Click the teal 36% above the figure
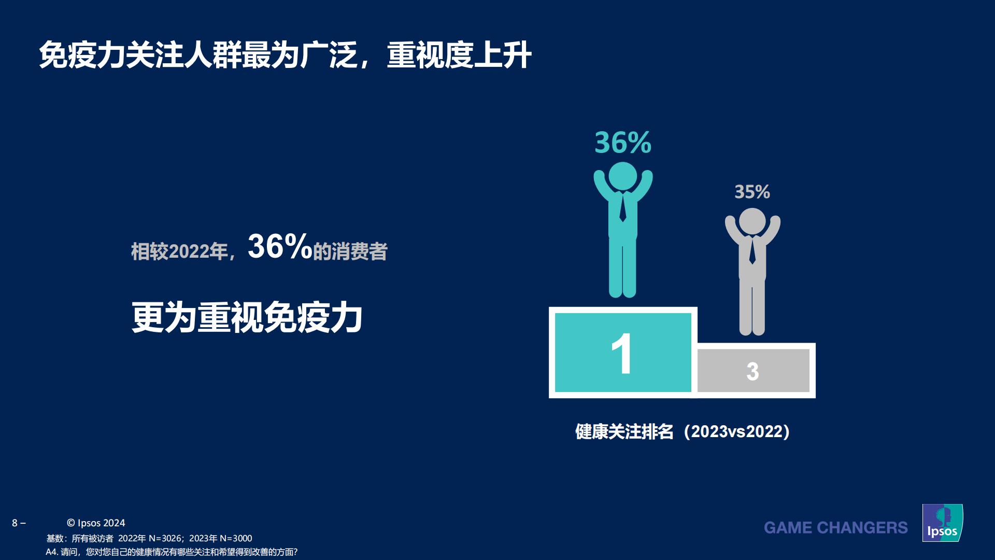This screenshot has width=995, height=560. (x=622, y=143)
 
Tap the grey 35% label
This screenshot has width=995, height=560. (x=752, y=192)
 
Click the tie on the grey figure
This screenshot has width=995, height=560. (x=752, y=251)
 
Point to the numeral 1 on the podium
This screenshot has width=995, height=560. (x=622, y=354)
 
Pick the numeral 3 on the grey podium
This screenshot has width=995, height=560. (x=752, y=371)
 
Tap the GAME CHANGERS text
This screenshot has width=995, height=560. (x=835, y=528)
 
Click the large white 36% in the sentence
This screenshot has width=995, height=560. (x=279, y=247)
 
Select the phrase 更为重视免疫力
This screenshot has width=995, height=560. (x=247, y=317)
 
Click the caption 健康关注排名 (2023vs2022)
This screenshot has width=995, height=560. (x=682, y=431)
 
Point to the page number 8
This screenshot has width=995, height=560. (x=15, y=523)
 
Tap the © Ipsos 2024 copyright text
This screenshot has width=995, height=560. (x=96, y=523)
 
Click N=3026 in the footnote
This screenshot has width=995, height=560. (x=165, y=539)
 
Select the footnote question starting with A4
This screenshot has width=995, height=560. (x=172, y=552)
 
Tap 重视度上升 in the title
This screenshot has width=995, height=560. (x=459, y=55)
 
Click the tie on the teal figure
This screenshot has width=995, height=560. (x=622, y=207)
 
